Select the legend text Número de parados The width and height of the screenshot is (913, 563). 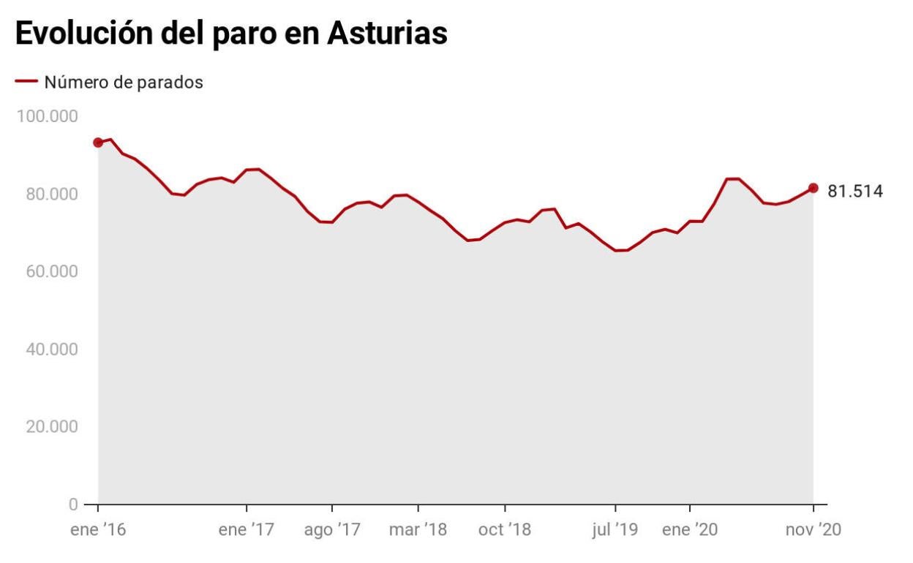pyautogui.click(x=124, y=83)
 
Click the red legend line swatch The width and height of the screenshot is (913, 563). pyautogui.click(x=26, y=82)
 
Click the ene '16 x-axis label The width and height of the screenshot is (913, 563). pyautogui.click(x=97, y=530)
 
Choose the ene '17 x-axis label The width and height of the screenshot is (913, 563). pyautogui.click(x=247, y=530)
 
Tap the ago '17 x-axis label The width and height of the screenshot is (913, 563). pyautogui.click(x=332, y=530)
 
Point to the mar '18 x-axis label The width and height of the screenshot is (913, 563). pyautogui.click(x=418, y=530)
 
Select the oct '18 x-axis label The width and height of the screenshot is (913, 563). pyautogui.click(x=504, y=530)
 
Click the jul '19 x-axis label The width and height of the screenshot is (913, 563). pyautogui.click(x=615, y=530)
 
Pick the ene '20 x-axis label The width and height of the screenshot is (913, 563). pyautogui.click(x=690, y=530)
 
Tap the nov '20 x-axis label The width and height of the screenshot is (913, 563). pyautogui.click(x=812, y=530)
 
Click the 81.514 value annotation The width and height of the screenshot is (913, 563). pyautogui.click(x=854, y=192)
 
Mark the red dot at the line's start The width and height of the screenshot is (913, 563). pyautogui.click(x=98, y=143)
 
